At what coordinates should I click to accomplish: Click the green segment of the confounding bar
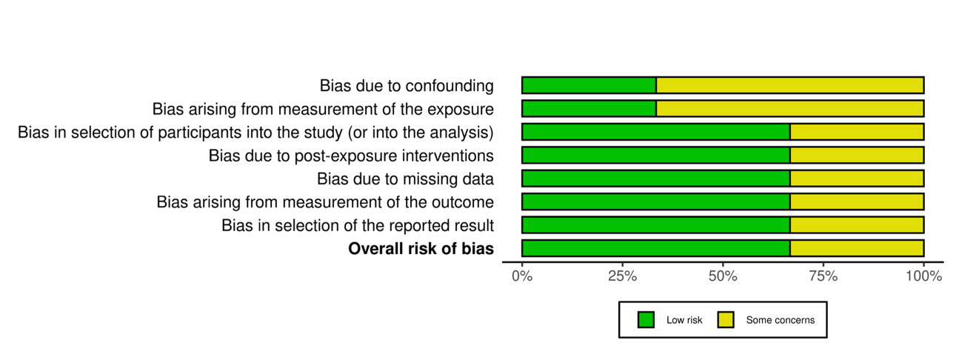click(x=589, y=85)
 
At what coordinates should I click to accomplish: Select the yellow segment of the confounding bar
click(x=789, y=85)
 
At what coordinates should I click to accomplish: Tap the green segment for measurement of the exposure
click(x=589, y=109)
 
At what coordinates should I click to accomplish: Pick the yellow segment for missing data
click(x=857, y=179)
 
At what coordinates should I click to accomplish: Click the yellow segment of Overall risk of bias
click(x=857, y=248)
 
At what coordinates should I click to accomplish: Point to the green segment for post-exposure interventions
click(x=655, y=155)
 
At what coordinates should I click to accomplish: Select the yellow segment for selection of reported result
click(x=857, y=224)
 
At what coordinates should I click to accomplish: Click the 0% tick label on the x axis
click(x=522, y=277)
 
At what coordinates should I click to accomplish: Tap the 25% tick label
click(x=623, y=277)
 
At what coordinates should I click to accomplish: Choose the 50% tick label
click(x=723, y=277)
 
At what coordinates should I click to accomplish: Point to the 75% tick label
click(x=824, y=277)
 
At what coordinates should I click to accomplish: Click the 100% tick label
click(x=923, y=277)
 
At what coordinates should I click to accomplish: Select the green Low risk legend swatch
click(x=647, y=320)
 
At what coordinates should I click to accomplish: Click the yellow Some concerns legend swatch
click(x=726, y=320)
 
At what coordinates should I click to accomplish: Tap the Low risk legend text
click(x=684, y=320)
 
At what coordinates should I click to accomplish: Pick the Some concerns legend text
click(x=780, y=320)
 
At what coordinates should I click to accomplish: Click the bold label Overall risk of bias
click(x=421, y=249)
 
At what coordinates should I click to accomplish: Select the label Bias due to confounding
click(x=407, y=86)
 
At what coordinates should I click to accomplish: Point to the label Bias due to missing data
click(x=405, y=179)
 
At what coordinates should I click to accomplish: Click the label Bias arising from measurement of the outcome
click(x=325, y=202)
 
